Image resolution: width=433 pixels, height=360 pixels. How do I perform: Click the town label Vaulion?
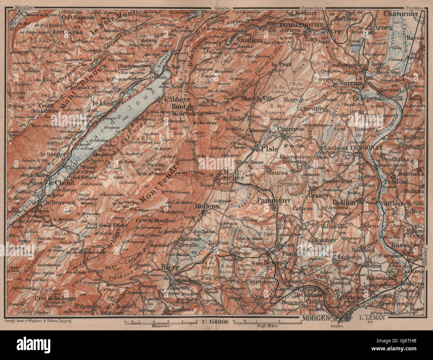249,40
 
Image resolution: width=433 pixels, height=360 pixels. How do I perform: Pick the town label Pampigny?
278,201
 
